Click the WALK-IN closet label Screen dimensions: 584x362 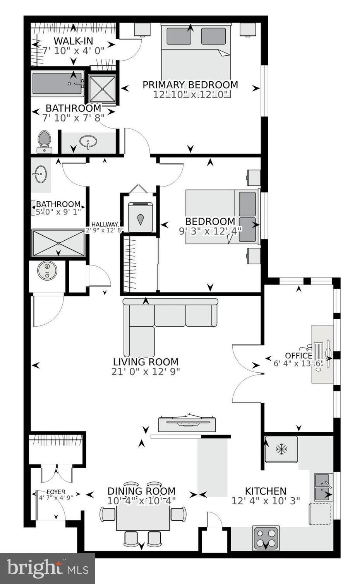pyautogui.click(x=73, y=41)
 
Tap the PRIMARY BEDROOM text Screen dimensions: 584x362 pyautogui.click(x=190, y=85)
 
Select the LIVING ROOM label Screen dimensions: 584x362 pyautogui.click(x=146, y=362)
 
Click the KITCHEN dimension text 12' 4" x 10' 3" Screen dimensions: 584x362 pyautogui.click(x=266, y=501)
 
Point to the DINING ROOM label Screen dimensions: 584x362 pyautogui.click(x=141, y=491)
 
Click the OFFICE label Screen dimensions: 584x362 pyautogui.click(x=298, y=356)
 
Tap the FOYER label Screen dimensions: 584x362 pyautogui.click(x=56, y=492)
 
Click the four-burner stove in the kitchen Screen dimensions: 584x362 pyautogui.click(x=266, y=538)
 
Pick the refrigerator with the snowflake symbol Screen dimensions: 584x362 pyautogui.click(x=281, y=449)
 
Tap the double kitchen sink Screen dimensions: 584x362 pyautogui.click(x=323, y=487)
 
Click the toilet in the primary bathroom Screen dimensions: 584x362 pyautogui.click(x=44, y=141)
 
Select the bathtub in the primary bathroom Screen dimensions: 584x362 pyautogui.click(x=57, y=83)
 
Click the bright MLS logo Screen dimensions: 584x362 pyautogui.click(x=47, y=568)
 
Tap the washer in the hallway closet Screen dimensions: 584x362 pyautogui.click(x=140, y=217)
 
